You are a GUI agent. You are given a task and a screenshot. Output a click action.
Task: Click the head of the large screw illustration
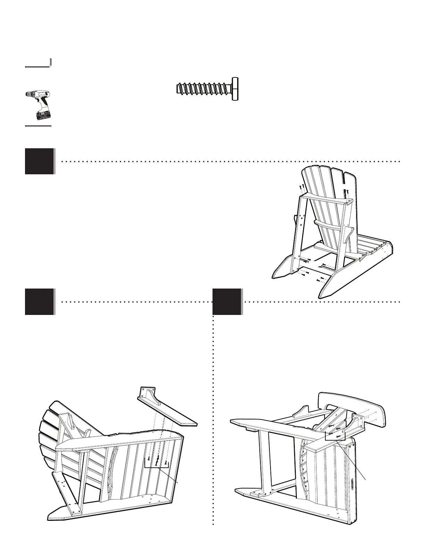[235, 89]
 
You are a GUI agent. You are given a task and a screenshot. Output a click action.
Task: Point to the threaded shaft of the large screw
[203, 89]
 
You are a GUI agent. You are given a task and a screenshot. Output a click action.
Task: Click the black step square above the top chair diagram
[40, 161]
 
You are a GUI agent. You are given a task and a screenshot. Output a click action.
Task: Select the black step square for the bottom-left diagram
[40, 301]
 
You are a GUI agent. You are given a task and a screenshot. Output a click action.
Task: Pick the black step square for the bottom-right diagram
[227, 301]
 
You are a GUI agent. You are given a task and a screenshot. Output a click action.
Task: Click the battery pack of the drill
[43, 115]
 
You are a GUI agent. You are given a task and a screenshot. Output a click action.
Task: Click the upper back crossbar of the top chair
[325, 199]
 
